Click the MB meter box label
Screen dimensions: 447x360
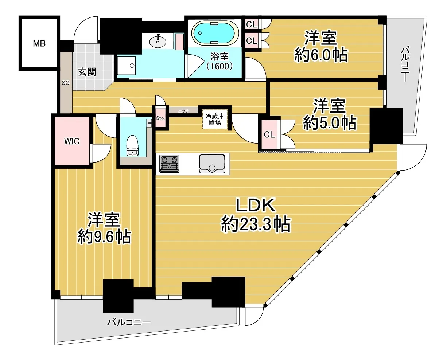pos(39,43)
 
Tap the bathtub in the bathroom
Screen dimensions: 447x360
pos(215,33)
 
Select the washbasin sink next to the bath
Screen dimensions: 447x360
pos(158,42)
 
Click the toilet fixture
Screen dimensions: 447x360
pos(132,145)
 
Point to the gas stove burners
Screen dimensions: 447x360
pos(170,164)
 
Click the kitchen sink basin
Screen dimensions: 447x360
pos(212,164)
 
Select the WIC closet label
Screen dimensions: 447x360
pos(72,141)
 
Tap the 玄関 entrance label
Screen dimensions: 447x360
pos(87,72)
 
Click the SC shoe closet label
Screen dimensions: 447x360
pos(65,83)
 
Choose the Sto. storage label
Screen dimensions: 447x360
pos(160,118)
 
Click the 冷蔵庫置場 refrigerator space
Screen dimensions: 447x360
pos(215,120)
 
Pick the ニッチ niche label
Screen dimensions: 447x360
pos(183,111)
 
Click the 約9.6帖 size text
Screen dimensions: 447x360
pos(104,237)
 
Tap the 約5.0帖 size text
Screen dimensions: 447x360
pos(330,123)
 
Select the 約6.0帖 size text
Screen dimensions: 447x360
pos(321,55)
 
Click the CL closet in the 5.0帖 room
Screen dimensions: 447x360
pos(269,134)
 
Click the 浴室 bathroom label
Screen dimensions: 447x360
pos(219,56)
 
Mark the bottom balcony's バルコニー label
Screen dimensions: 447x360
pos(129,322)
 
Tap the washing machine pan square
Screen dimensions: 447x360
pos(127,66)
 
